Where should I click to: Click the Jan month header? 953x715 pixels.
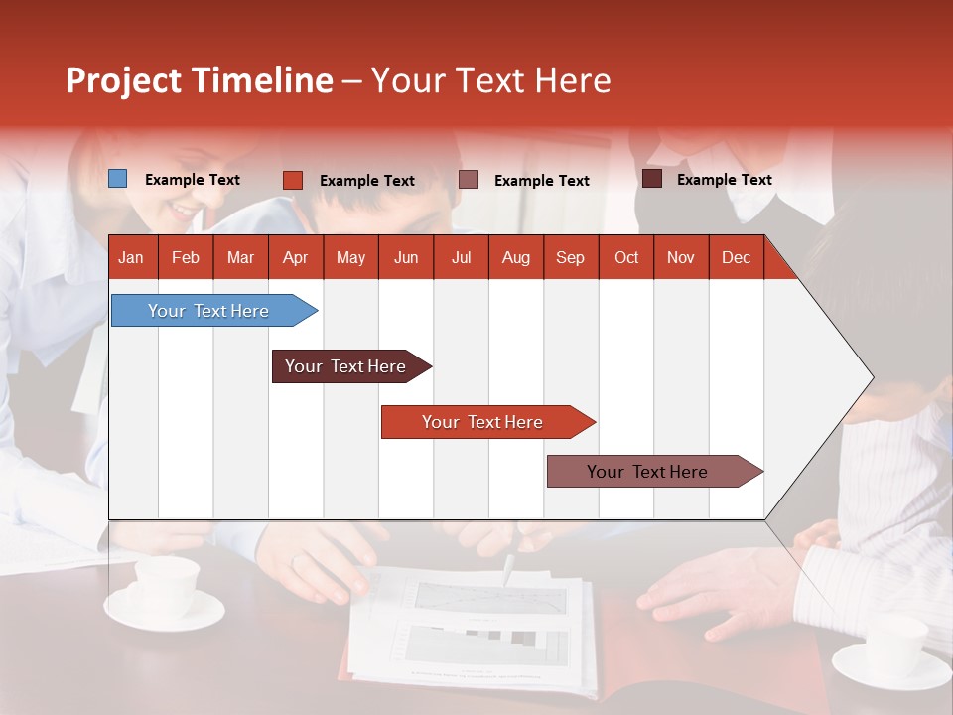(131, 257)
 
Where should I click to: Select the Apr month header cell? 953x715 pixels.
(296, 257)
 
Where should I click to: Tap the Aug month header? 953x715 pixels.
(515, 257)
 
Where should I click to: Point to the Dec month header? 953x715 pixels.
(736, 257)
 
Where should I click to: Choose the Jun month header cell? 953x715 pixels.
(406, 257)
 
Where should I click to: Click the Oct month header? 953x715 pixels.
(626, 257)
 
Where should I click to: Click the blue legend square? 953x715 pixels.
(118, 179)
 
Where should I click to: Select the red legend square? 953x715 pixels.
(293, 180)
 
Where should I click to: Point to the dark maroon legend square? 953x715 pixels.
(652, 179)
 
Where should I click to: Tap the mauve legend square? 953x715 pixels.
(469, 180)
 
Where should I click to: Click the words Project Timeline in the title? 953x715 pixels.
(199, 80)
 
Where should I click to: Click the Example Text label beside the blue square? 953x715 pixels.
(193, 180)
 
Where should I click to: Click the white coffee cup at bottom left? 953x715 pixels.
(165, 586)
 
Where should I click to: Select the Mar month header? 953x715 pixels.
(240, 257)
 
